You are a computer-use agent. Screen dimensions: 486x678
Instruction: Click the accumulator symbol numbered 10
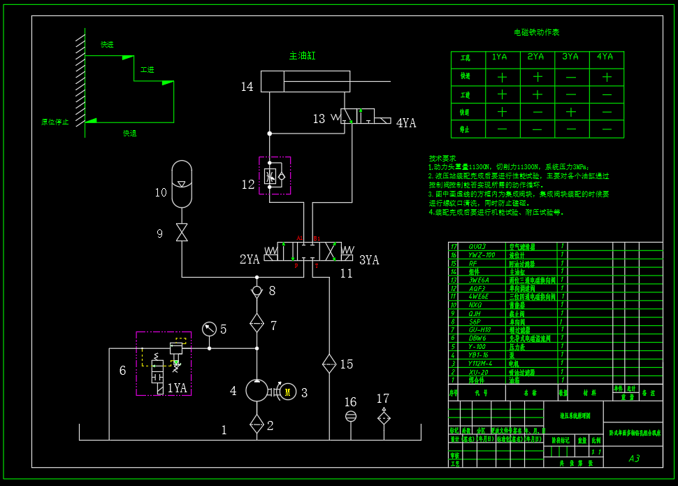point(182,183)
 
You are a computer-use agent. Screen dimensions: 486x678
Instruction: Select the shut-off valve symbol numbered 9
point(182,232)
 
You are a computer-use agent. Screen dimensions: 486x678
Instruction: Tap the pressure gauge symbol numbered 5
point(208,329)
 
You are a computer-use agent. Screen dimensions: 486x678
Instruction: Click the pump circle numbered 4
point(257,390)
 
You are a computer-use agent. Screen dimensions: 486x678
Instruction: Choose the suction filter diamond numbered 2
point(257,424)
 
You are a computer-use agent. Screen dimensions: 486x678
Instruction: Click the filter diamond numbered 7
point(257,324)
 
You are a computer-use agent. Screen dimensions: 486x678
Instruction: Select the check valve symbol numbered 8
point(257,290)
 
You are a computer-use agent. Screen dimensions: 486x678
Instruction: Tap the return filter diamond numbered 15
point(329,364)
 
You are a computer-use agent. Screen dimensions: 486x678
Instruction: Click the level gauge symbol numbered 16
point(351,416)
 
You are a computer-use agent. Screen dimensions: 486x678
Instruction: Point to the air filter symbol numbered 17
point(383,417)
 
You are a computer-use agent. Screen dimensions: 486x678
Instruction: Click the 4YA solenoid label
point(406,123)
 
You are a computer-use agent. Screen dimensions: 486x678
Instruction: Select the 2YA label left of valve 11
point(250,259)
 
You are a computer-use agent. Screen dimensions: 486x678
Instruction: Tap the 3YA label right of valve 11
point(369,260)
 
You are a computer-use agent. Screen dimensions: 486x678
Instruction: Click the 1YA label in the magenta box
point(177,387)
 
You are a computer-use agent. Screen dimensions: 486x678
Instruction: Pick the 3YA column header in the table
point(570,57)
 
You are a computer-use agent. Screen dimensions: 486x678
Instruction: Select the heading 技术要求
point(442,159)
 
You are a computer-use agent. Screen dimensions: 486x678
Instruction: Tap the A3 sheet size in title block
point(634,459)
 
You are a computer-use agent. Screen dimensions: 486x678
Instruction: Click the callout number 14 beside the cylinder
point(247,87)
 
